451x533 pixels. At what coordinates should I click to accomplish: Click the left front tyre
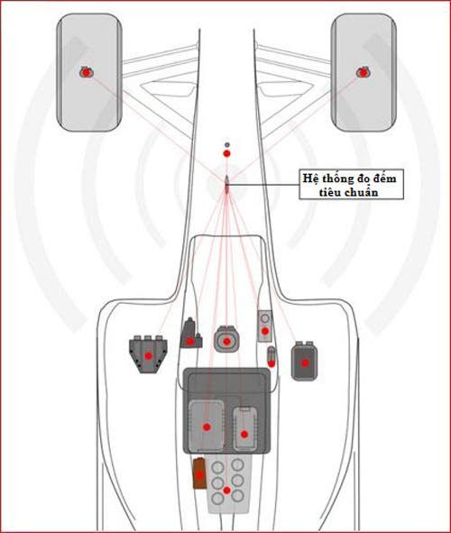tap(89, 72)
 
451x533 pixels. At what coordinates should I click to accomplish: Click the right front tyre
tap(364, 72)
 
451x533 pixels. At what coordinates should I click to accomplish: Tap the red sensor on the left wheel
tap(87, 72)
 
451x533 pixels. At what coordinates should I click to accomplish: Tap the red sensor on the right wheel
tap(364, 72)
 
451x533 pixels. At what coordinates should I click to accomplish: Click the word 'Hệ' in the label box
tap(310, 178)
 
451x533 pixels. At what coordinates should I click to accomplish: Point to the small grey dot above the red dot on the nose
tap(227, 145)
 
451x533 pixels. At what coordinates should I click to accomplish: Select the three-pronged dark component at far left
tap(148, 354)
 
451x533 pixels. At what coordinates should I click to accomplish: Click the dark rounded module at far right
tap(305, 361)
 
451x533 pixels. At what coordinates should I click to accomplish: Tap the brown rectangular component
tap(199, 473)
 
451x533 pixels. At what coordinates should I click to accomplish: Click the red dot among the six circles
tap(226, 491)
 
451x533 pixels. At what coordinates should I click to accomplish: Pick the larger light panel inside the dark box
tap(207, 426)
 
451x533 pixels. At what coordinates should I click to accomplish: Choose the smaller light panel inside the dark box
tap(244, 428)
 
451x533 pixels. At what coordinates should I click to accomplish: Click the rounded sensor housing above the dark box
tap(226, 340)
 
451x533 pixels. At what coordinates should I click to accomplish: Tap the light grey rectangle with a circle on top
tap(265, 326)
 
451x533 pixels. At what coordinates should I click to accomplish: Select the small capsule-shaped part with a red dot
tap(272, 356)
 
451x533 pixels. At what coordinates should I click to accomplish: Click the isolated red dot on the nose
tap(226, 153)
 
